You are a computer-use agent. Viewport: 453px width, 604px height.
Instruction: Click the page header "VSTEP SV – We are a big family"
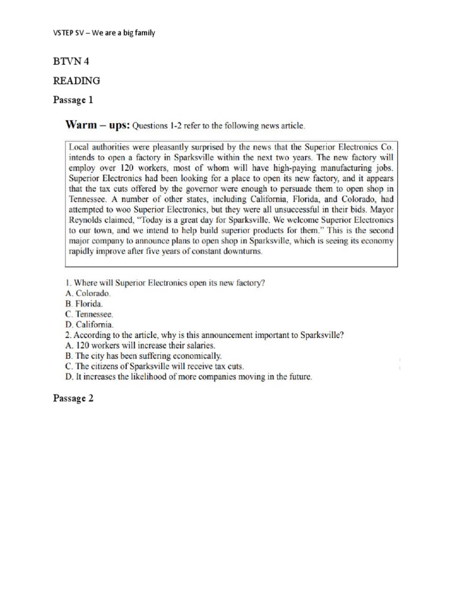point(104,33)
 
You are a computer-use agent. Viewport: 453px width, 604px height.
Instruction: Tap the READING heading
point(76,80)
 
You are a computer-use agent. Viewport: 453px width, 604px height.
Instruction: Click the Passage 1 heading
point(73,100)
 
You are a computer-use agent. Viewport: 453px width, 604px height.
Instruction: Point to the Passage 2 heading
point(73,398)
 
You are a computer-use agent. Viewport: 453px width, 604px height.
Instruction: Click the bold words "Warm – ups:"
point(96,125)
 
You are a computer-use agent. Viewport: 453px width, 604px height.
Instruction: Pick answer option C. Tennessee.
point(88,314)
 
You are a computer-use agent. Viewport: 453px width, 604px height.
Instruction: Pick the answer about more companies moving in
point(188,376)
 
